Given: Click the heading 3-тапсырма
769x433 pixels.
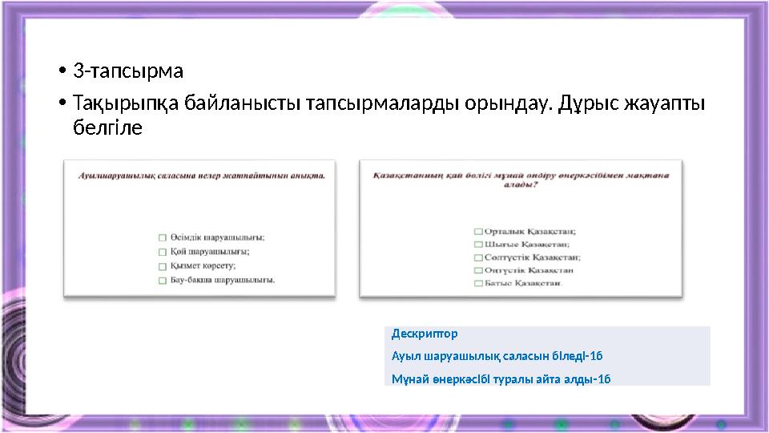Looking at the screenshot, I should pyautogui.click(x=128, y=71).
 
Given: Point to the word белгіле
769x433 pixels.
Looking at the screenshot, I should pyautogui.click(x=107, y=128).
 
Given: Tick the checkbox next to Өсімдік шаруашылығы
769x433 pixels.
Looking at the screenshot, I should pyautogui.click(x=163, y=237).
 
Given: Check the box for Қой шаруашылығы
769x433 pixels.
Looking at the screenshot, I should pyautogui.click(x=163, y=252).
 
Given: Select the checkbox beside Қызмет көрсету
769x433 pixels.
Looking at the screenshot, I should pyautogui.click(x=163, y=266).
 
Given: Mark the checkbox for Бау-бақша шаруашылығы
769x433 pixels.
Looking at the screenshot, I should pyautogui.click(x=163, y=281).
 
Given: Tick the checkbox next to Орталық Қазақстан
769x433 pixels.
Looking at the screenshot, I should pyautogui.click(x=478, y=232).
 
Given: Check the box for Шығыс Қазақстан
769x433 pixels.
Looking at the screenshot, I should pyautogui.click(x=478, y=245).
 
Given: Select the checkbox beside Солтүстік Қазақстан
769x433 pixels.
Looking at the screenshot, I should pyautogui.click(x=478, y=257).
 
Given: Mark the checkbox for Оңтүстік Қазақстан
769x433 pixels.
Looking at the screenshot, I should pyautogui.click(x=478, y=270).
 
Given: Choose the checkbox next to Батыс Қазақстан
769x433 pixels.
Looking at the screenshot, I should pyautogui.click(x=478, y=284).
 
